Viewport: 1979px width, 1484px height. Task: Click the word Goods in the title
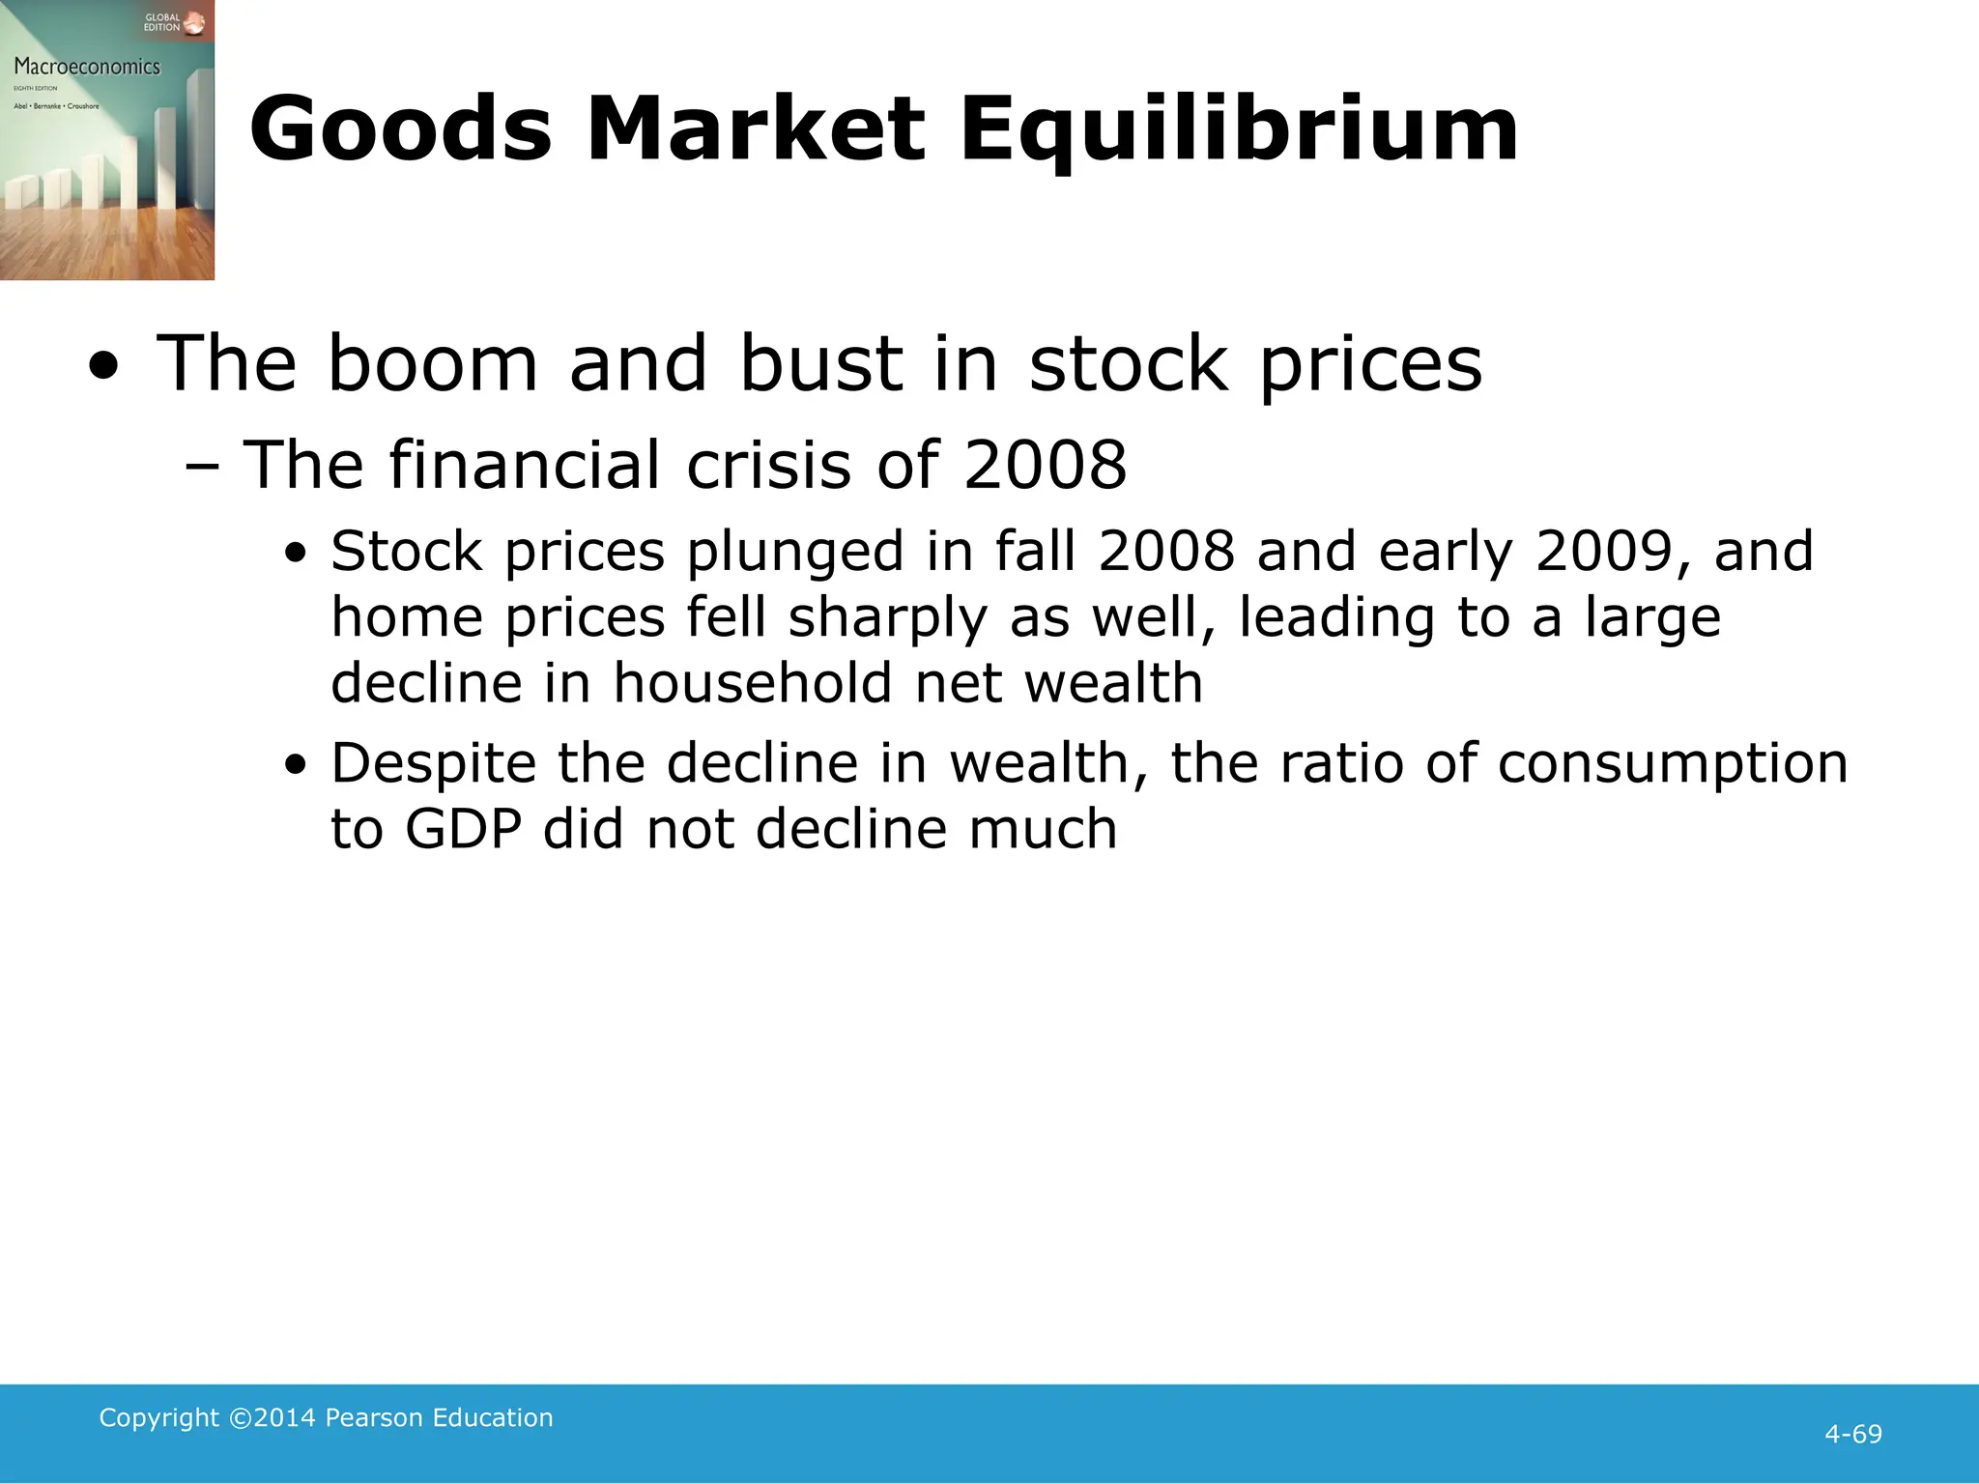pos(400,129)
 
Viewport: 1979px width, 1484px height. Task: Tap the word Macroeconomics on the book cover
pos(87,67)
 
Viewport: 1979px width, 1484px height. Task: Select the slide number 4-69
pos(1852,1434)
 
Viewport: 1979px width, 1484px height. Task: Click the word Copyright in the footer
pos(159,1417)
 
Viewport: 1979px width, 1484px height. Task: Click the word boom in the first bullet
pos(432,363)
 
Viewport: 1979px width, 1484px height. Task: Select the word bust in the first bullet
pos(821,363)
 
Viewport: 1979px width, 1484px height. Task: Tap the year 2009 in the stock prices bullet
pos(1603,551)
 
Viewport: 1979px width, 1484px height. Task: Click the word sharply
pos(887,618)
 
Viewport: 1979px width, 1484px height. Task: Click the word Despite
pos(433,763)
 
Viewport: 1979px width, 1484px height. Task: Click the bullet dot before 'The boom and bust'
pos(103,367)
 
